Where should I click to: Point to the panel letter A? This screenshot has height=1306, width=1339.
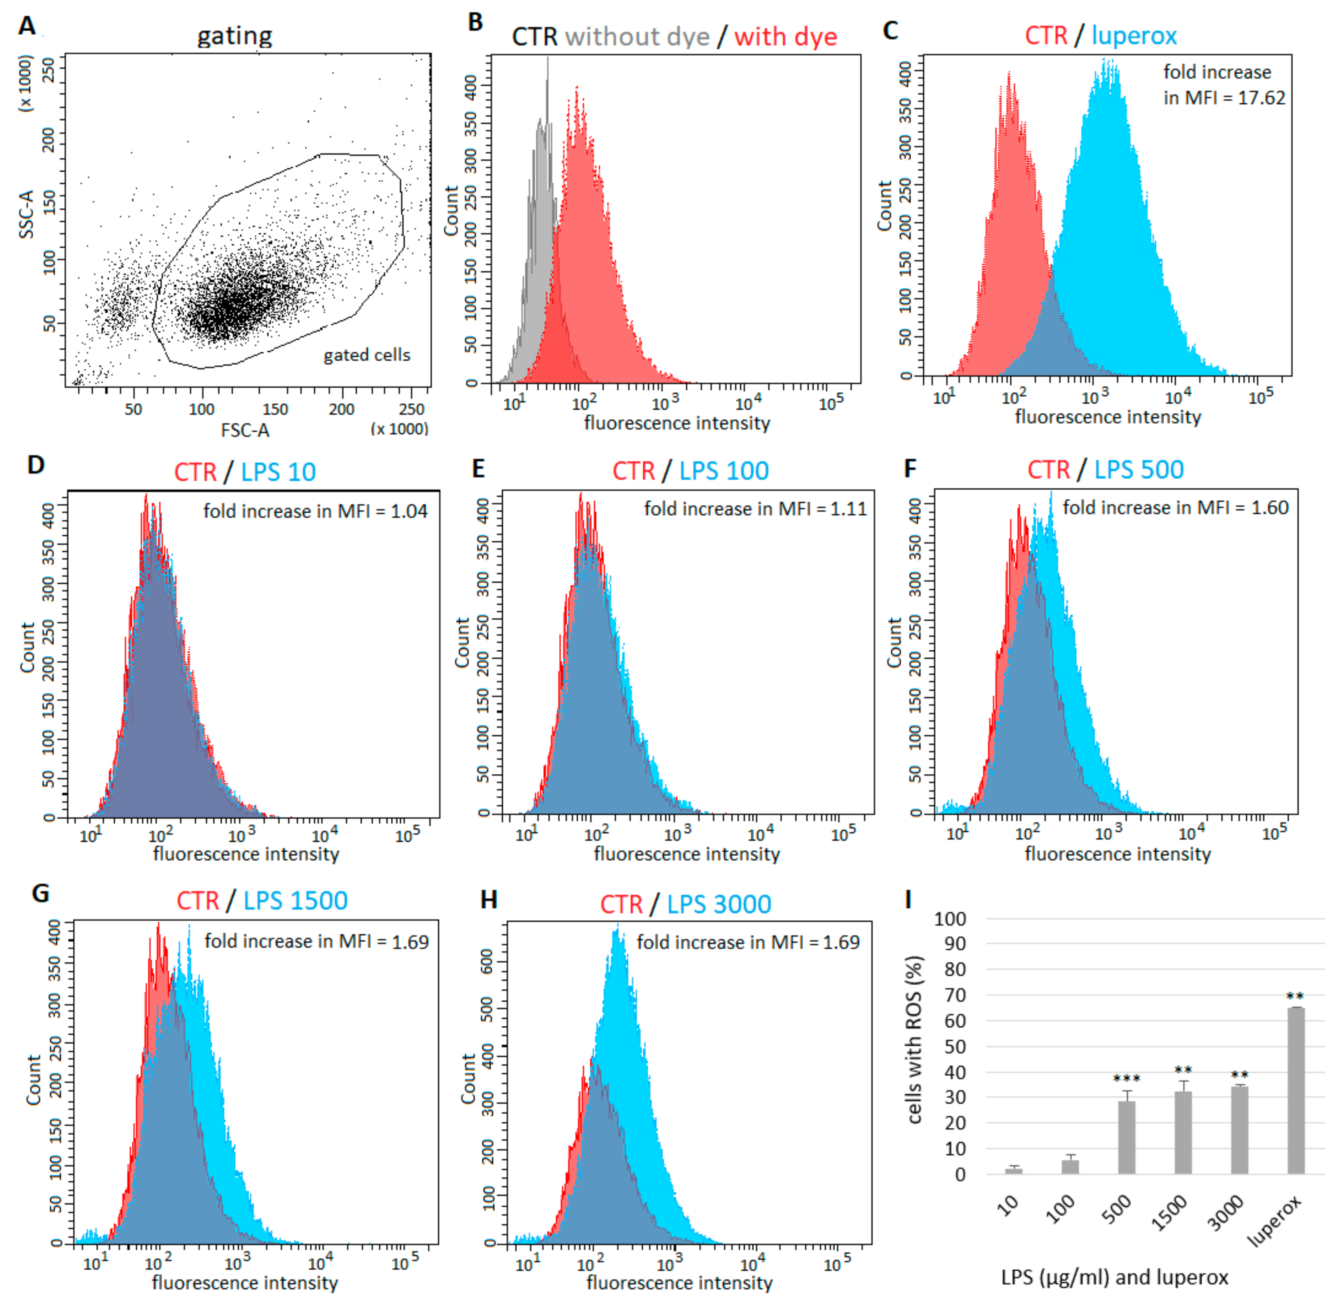pyautogui.click(x=27, y=26)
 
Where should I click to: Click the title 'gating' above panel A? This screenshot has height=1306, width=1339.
pyautogui.click(x=234, y=36)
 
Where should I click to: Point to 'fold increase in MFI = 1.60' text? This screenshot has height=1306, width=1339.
pyautogui.click(x=1175, y=508)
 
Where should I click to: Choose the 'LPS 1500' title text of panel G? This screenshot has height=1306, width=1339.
pyautogui.click(x=296, y=901)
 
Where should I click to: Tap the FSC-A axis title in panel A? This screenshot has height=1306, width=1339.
pyautogui.click(x=245, y=430)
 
